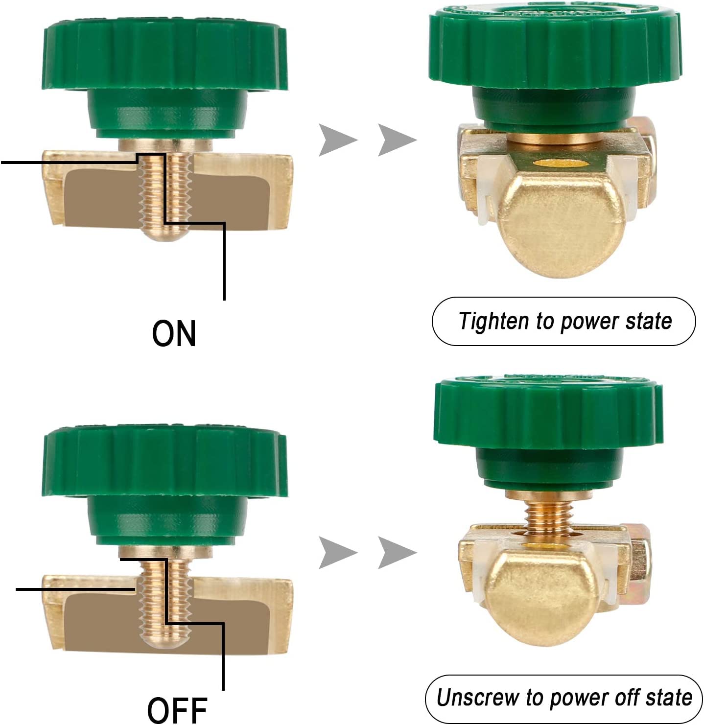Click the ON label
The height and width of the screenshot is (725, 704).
pos(174,333)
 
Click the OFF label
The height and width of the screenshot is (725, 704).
pos(177,709)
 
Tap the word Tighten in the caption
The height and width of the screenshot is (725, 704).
pos(493,322)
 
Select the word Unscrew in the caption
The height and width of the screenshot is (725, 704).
pos(477,698)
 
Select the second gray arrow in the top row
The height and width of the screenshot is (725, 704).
pos(396,140)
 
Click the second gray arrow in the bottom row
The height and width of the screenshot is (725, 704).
pos(396,553)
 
